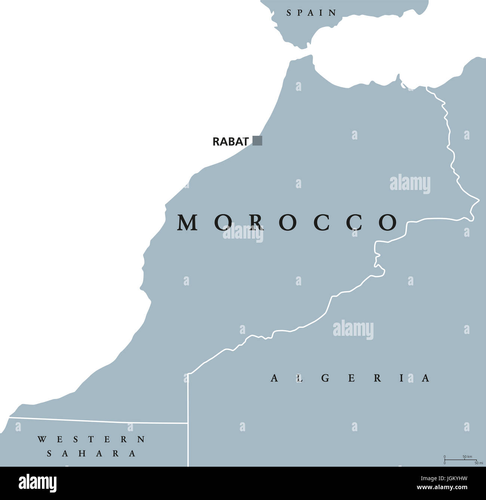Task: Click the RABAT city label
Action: point(230,142)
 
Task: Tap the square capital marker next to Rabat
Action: point(257,141)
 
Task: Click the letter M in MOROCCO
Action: point(187,223)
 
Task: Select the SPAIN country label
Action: point(311,13)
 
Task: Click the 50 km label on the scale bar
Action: point(467,457)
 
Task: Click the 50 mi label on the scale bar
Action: point(479,463)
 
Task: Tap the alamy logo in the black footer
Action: point(38,483)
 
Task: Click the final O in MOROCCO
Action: point(388,223)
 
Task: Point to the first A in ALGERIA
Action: point(274,378)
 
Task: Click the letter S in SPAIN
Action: point(289,13)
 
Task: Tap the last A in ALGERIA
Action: point(426,378)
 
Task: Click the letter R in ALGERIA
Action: point(378,378)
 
